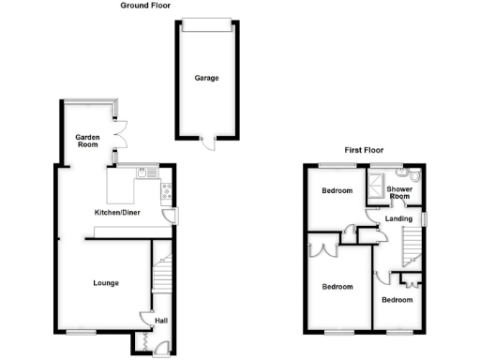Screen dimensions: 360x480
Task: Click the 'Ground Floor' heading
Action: click(145, 6)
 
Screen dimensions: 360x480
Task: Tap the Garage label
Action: click(206, 78)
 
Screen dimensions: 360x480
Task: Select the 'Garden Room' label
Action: click(87, 141)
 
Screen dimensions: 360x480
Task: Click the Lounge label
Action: click(105, 282)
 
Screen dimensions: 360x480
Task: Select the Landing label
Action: click(400, 220)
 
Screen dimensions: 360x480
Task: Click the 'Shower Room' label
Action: click(400, 192)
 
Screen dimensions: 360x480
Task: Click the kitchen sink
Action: click(142, 172)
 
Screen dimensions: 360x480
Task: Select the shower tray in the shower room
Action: click(380, 177)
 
